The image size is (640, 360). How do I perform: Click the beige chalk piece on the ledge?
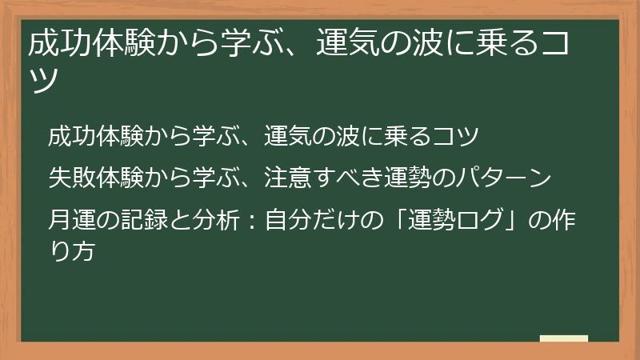click(563, 338)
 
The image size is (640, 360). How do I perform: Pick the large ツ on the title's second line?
click(45, 82)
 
